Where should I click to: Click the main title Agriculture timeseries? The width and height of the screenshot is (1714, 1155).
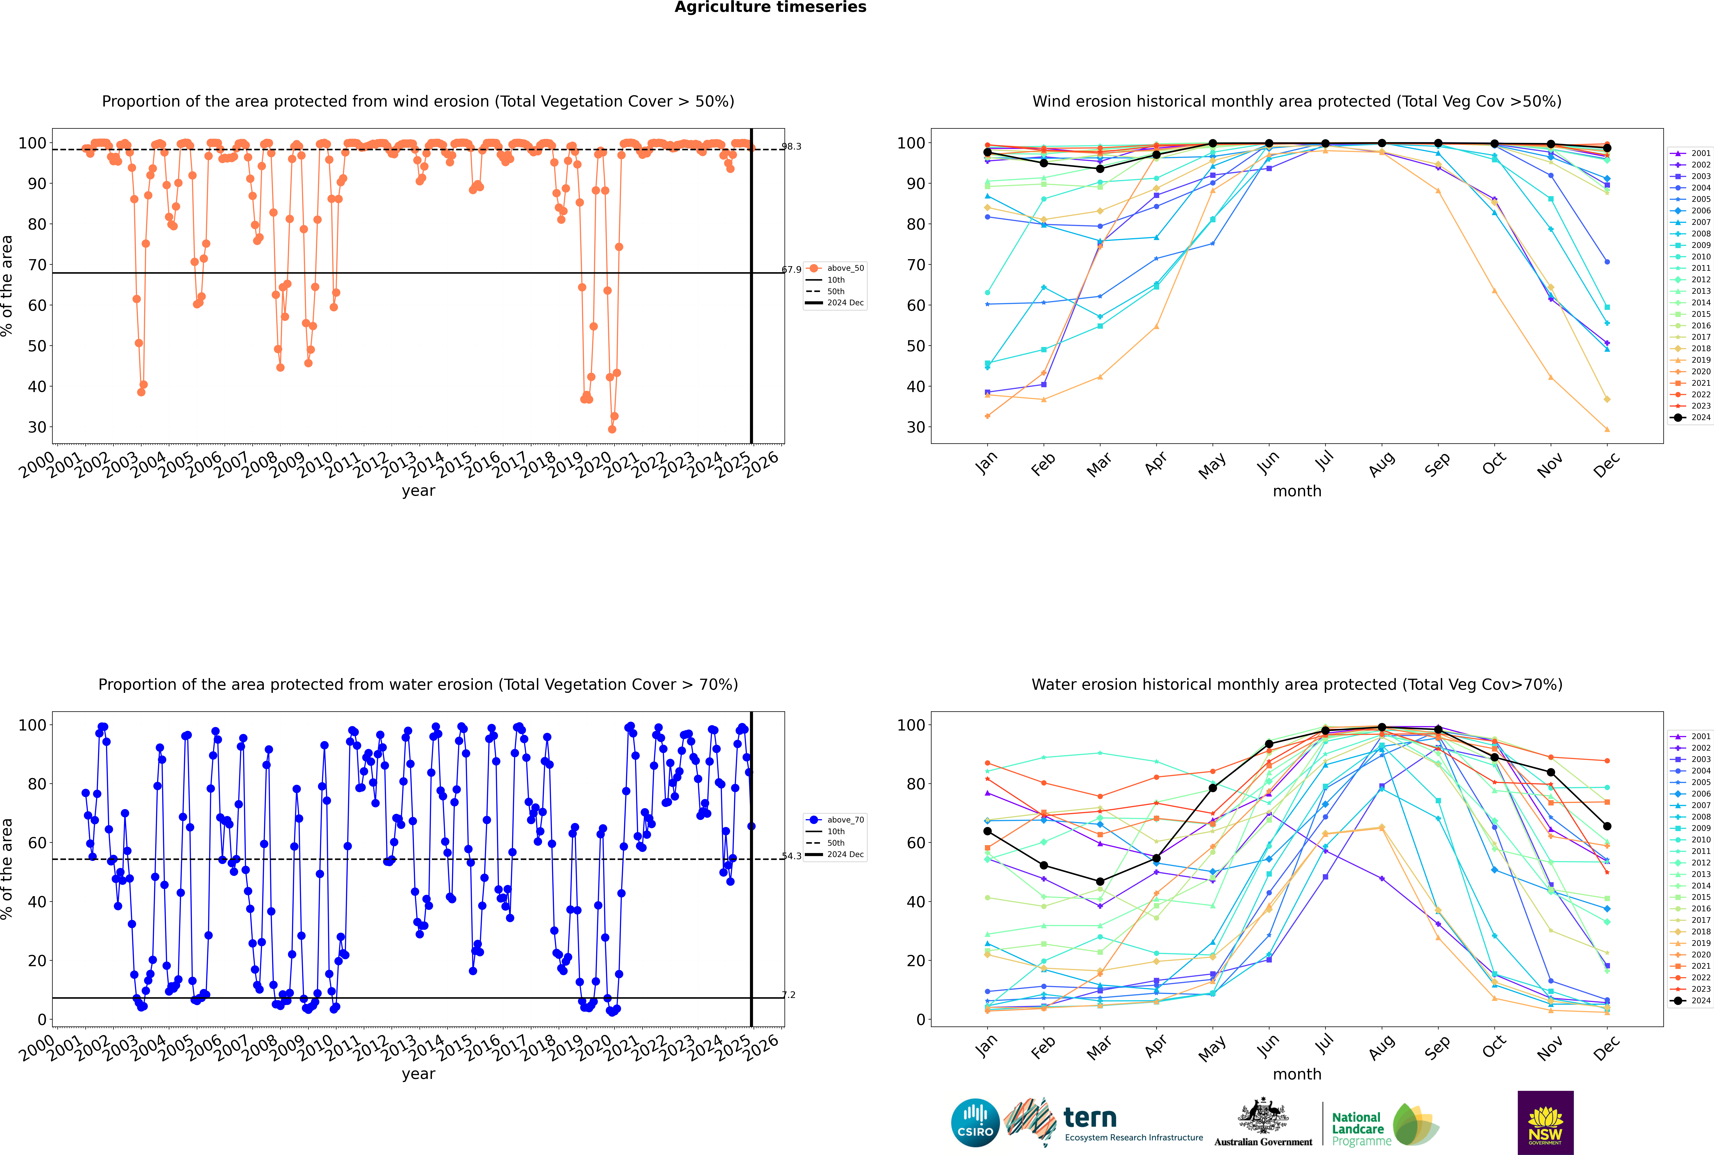(x=770, y=7)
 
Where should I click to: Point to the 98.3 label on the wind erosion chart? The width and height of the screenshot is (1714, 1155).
(x=791, y=147)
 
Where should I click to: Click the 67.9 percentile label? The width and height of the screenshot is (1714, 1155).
(x=791, y=270)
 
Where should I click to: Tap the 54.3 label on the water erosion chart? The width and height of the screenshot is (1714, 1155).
(x=791, y=856)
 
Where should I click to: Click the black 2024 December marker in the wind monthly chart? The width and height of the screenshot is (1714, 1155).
(x=1607, y=148)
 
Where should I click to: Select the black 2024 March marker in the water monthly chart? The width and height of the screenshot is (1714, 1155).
(x=1100, y=882)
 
